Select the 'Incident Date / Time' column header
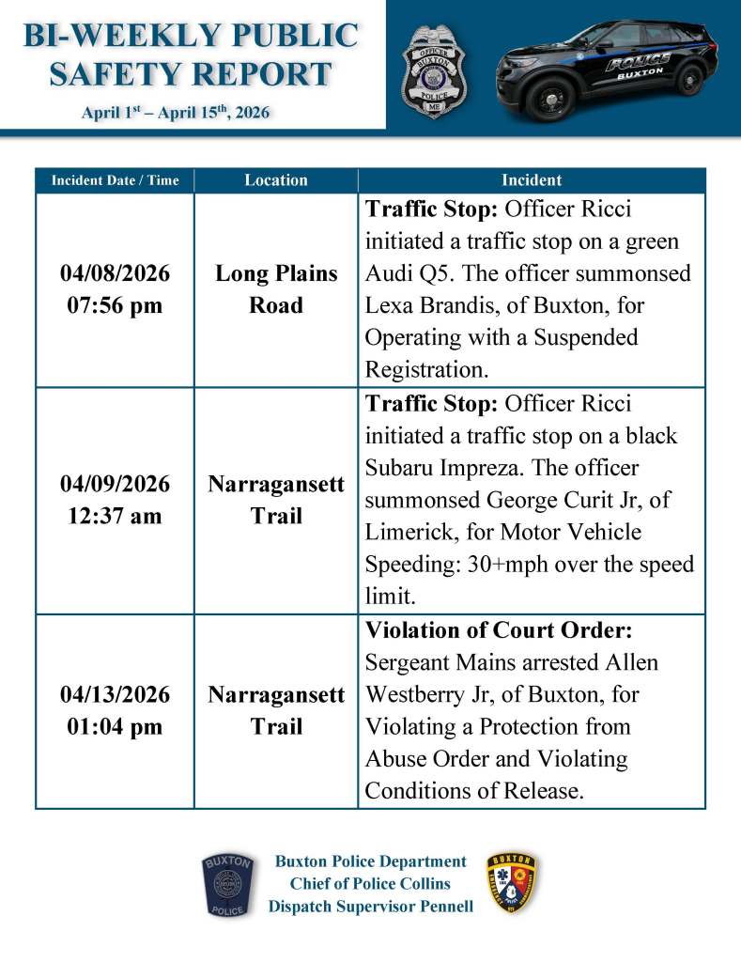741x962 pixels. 115,180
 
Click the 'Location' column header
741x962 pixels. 276,180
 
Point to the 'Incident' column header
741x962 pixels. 532,180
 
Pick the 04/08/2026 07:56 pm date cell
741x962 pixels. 115,289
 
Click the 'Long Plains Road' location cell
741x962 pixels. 276,289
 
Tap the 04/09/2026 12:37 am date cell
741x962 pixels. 115,500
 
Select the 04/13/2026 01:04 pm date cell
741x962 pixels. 115,710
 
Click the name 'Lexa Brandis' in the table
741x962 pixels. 424,305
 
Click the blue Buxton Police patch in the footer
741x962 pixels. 227,885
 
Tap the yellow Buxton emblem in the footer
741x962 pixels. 512,884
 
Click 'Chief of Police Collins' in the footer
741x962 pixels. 370,884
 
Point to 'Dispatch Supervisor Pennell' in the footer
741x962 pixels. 370,907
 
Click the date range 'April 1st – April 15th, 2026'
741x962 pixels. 176,113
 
